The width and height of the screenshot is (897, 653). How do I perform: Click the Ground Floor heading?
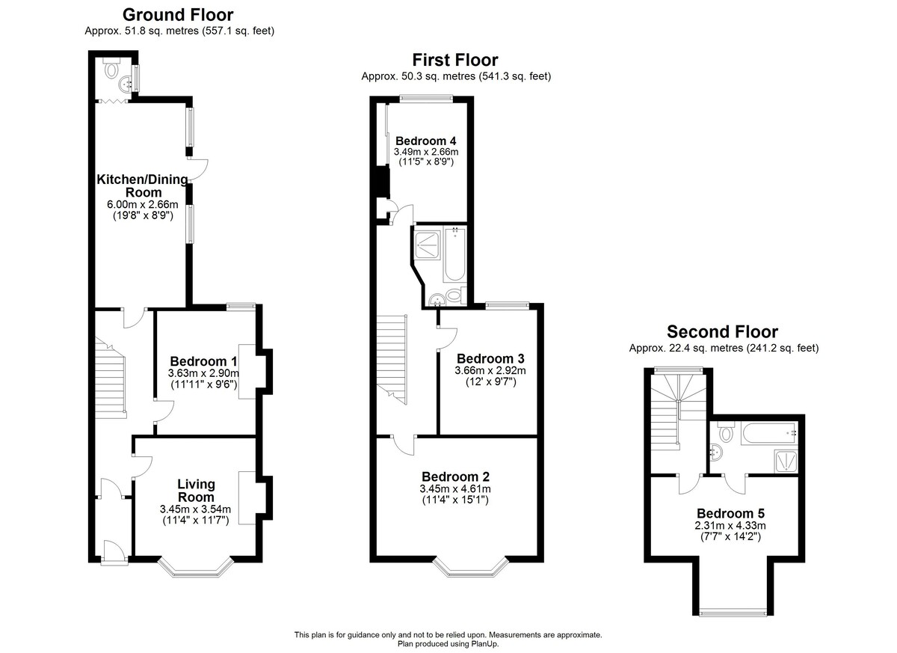pyautogui.click(x=177, y=15)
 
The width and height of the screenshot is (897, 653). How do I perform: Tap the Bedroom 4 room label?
pyautogui.click(x=425, y=141)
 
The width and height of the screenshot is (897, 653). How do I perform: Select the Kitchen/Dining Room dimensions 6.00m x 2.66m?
pyautogui.click(x=143, y=205)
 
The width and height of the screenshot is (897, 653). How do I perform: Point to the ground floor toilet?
pyautogui.click(x=112, y=70)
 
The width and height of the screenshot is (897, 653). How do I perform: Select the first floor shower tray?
pyautogui.click(x=428, y=244)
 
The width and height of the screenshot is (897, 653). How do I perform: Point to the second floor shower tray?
pyautogui.click(x=786, y=461)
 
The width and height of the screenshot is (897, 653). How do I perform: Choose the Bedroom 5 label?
pyautogui.click(x=730, y=513)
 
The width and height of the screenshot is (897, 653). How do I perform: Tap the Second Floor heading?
pyautogui.click(x=722, y=332)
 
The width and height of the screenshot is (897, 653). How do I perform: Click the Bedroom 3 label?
pyautogui.click(x=490, y=358)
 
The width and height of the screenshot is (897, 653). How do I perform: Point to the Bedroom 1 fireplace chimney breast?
pyautogui.click(x=265, y=367)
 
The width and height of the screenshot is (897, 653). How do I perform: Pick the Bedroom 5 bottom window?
pyautogui.click(x=733, y=612)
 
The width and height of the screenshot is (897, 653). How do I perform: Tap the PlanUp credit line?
pyautogui.click(x=448, y=643)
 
